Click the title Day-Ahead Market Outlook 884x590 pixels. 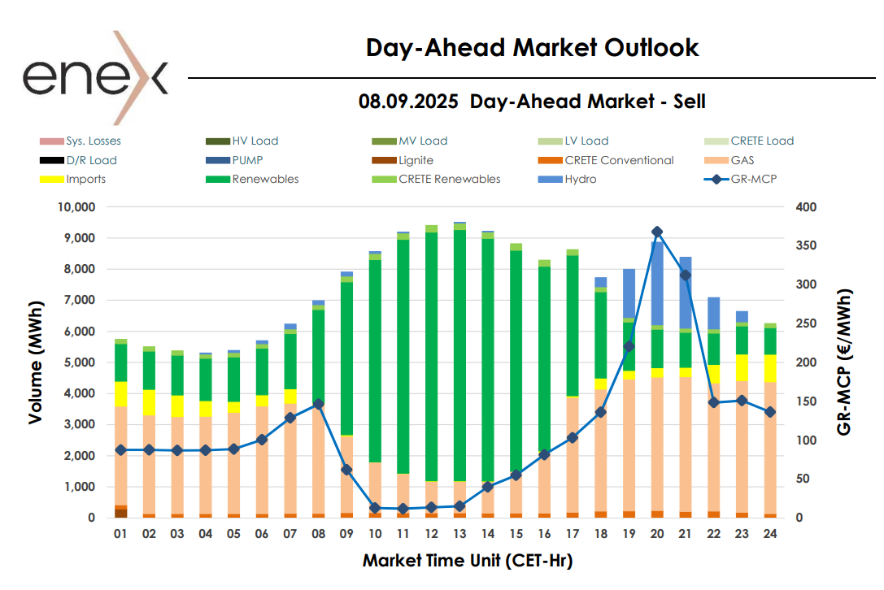point(532,47)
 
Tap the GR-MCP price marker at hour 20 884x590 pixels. point(657,232)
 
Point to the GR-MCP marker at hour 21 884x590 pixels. point(686,275)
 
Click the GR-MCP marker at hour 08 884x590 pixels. point(319,404)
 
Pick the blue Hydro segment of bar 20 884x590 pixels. point(657,283)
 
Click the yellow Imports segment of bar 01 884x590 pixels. point(120,393)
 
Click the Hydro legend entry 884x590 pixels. point(580,179)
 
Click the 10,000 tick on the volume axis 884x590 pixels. point(79,207)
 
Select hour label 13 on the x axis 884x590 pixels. point(459,535)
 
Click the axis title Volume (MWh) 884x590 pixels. point(35,363)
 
